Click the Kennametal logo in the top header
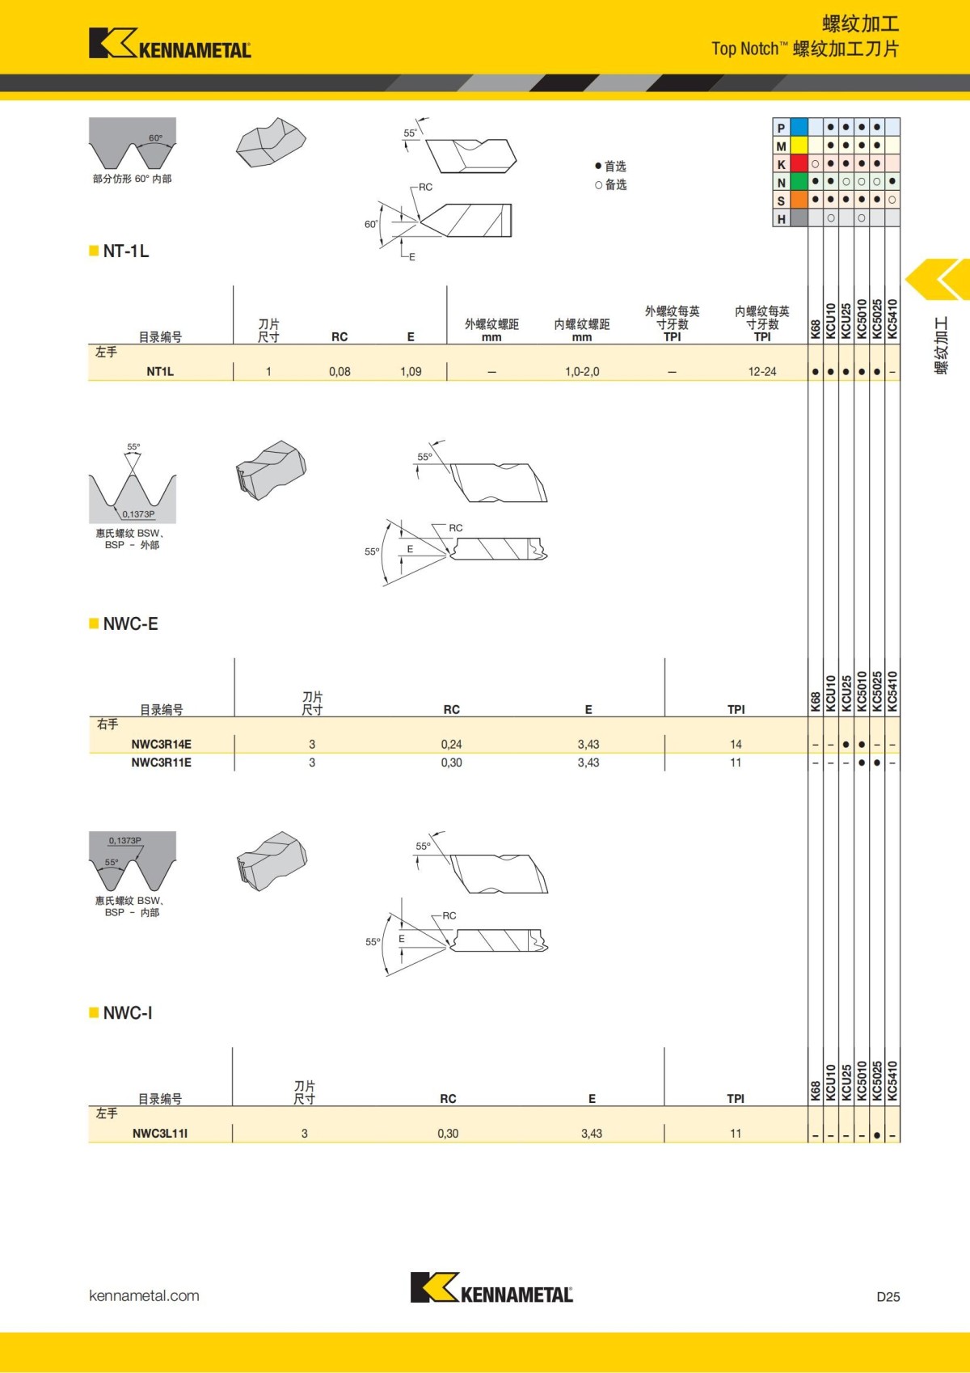(x=170, y=44)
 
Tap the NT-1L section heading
(x=125, y=251)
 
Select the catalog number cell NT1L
(x=160, y=372)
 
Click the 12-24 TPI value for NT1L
(x=761, y=372)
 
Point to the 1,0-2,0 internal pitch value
(x=582, y=372)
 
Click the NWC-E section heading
(x=130, y=624)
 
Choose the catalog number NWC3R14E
(x=161, y=745)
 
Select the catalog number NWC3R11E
(x=161, y=763)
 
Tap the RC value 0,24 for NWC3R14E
(x=451, y=745)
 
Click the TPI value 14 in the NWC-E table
(x=736, y=745)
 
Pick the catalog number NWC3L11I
(x=160, y=1134)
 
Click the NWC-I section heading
(x=127, y=1013)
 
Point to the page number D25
(x=888, y=1297)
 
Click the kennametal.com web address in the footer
(x=144, y=1296)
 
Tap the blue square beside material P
(x=799, y=128)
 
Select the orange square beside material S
(x=799, y=201)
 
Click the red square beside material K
(x=799, y=164)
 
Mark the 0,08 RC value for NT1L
(x=339, y=372)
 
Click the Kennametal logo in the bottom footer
(x=491, y=1288)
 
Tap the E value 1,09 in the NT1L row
(x=411, y=372)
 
